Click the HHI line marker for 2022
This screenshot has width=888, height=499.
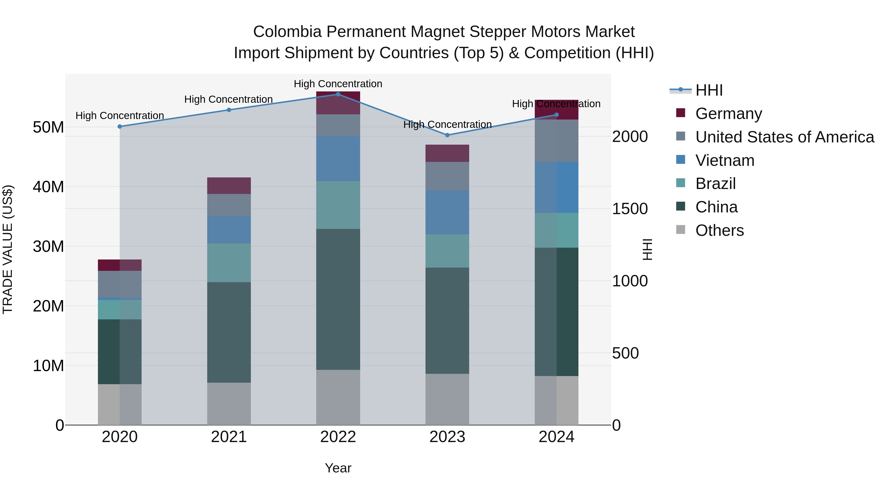(338, 94)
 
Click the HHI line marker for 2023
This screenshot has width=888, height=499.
(447, 135)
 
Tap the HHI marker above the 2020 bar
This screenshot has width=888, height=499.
(120, 126)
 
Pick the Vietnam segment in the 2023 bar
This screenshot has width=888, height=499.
(447, 212)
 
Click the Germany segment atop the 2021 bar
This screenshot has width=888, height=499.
(229, 186)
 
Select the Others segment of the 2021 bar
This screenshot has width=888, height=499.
(229, 404)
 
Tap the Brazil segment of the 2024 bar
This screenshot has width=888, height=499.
(556, 230)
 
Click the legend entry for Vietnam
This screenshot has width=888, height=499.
(725, 160)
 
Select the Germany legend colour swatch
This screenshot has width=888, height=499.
(681, 113)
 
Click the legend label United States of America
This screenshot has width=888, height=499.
(785, 137)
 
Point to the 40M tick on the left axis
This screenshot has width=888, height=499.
(48, 187)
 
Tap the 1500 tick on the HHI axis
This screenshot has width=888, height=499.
(630, 209)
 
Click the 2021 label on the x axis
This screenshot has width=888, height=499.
(229, 437)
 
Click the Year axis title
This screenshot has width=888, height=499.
(338, 468)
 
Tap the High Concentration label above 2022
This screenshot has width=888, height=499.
(338, 84)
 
